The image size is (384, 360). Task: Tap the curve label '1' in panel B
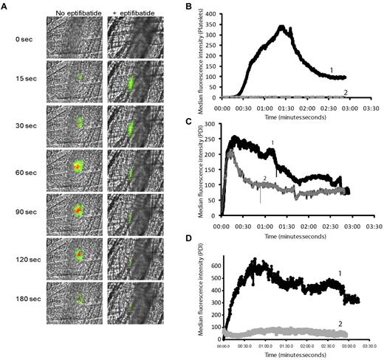click(331, 70)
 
